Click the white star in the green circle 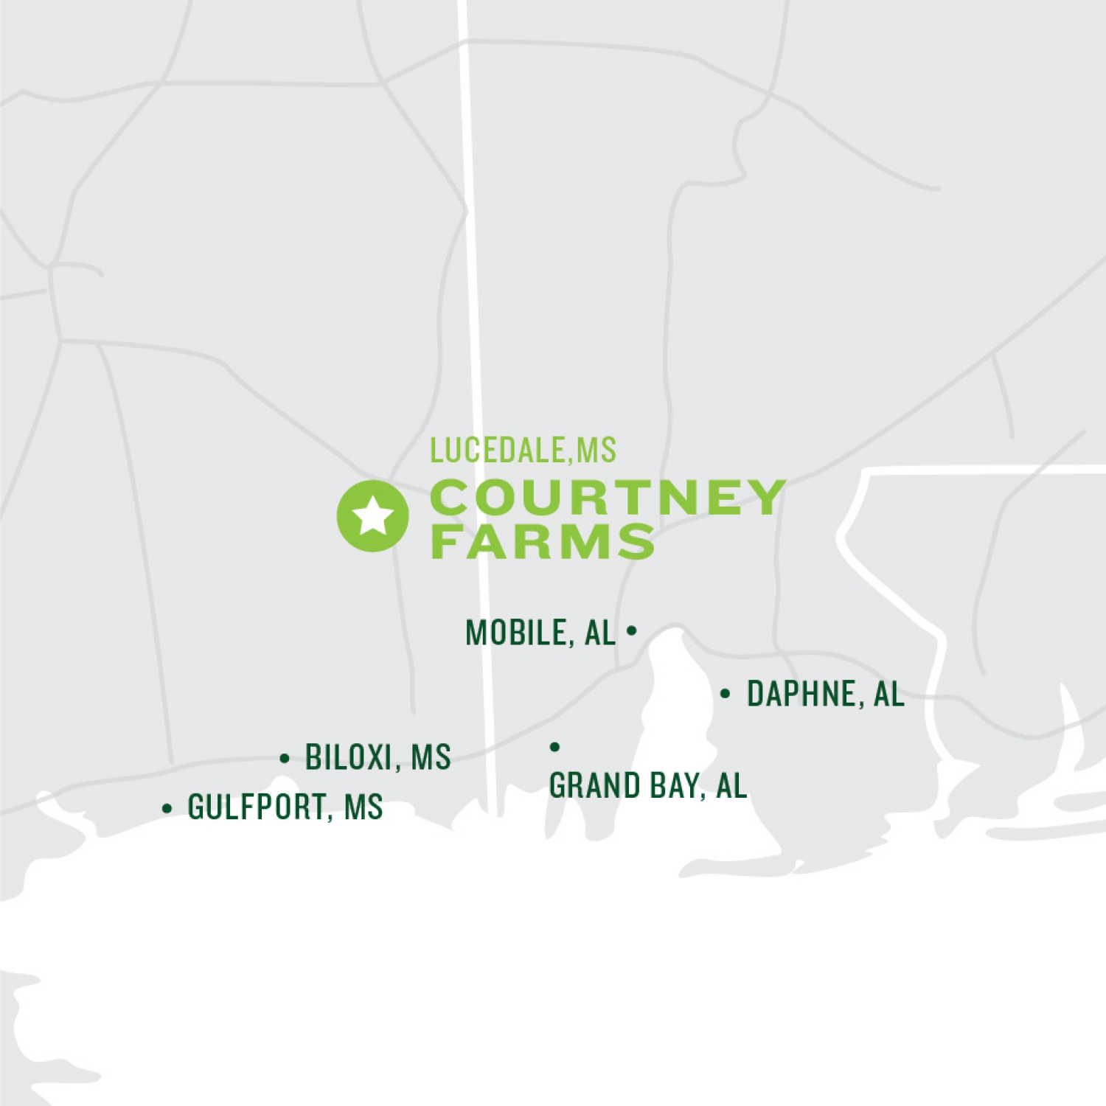click(x=373, y=515)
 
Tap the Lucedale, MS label click(x=523, y=451)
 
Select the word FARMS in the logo click(x=543, y=541)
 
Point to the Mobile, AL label click(x=540, y=633)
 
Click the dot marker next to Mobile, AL click(x=631, y=630)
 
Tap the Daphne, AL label click(x=825, y=694)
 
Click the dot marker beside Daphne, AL click(x=726, y=694)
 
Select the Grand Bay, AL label click(x=648, y=785)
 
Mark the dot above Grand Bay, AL click(x=555, y=747)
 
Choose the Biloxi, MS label click(x=378, y=757)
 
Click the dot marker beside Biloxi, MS click(x=285, y=758)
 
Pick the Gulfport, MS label click(x=285, y=807)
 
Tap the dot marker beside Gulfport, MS click(x=167, y=808)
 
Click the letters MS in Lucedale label click(x=596, y=451)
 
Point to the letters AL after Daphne click(x=888, y=694)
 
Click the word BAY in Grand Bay click(x=673, y=785)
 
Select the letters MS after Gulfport click(x=364, y=807)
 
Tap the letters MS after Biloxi click(x=431, y=757)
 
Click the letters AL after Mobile click(x=600, y=633)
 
